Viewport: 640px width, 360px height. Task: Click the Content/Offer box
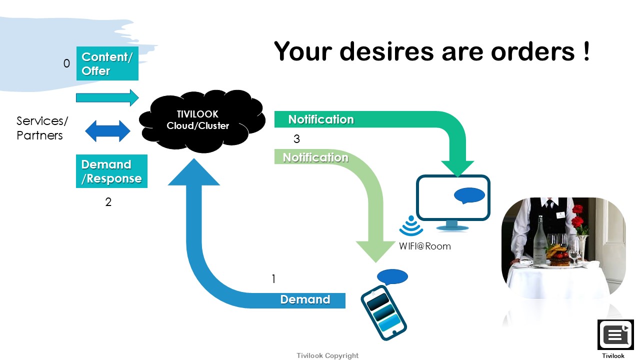(x=107, y=63)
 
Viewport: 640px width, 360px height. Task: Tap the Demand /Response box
(x=111, y=171)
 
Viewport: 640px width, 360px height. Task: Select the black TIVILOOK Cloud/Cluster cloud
(x=202, y=121)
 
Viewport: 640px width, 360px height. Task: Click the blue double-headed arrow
(x=107, y=131)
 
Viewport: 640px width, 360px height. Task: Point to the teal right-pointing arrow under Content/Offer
(x=107, y=97)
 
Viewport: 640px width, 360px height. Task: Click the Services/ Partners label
(x=42, y=128)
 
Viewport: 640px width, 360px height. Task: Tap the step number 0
(x=66, y=63)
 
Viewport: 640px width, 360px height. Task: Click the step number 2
(x=108, y=202)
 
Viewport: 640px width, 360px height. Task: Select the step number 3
(x=297, y=139)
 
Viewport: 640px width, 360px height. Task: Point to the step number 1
(x=273, y=279)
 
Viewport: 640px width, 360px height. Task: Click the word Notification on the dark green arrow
(x=321, y=119)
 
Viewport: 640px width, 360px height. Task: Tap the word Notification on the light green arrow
(x=315, y=157)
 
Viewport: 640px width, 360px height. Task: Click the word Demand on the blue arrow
(x=305, y=299)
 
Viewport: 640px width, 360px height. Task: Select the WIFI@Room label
(x=425, y=246)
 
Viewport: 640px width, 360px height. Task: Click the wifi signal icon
(x=411, y=225)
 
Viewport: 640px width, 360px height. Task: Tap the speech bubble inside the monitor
(x=469, y=195)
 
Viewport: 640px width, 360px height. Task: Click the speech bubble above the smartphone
(x=392, y=277)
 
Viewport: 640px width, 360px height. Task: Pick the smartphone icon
(x=383, y=313)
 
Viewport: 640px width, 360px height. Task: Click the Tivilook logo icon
(x=615, y=335)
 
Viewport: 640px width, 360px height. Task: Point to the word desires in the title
(x=386, y=51)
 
